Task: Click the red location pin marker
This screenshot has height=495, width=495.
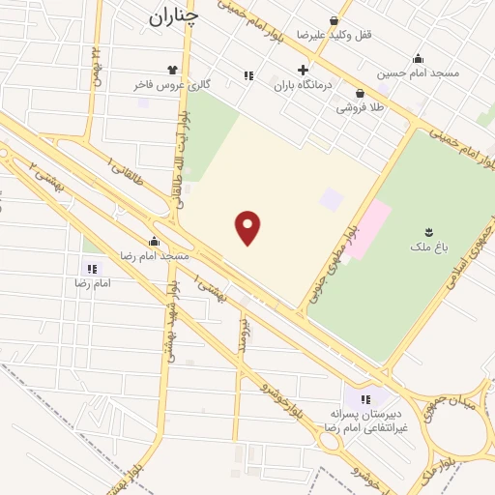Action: [248, 227]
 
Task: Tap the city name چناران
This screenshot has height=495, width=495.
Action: [174, 16]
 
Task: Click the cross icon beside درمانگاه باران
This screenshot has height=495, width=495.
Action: [304, 70]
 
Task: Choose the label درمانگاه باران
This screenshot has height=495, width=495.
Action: [303, 85]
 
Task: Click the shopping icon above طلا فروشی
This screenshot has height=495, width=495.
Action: [360, 94]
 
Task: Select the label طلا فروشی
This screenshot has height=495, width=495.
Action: [360, 108]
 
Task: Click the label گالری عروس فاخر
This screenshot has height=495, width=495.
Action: [172, 85]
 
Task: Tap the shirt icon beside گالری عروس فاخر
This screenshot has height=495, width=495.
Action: [172, 70]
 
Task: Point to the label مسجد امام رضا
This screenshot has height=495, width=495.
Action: [154, 255]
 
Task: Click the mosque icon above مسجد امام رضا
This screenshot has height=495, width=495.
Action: [154, 241]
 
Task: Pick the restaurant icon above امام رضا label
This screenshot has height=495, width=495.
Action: [92, 269]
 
